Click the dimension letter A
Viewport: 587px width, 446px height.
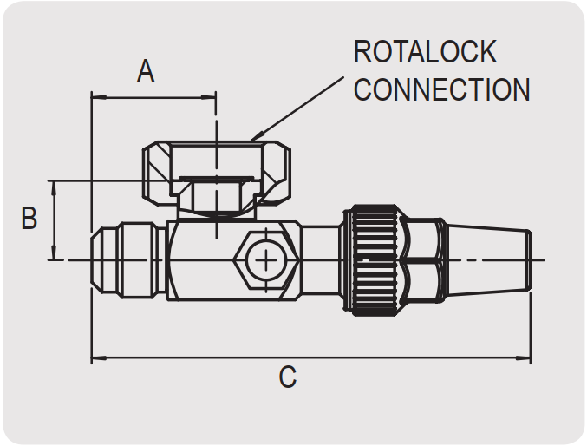tap(146, 71)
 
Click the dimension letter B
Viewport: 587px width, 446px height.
tap(29, 218)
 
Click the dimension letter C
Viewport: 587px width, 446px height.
tap(288, 377)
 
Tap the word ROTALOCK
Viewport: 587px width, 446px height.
tap(425, 52)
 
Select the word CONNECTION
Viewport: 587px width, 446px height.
tap(442, 89)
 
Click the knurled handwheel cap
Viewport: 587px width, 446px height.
tap(374, 260)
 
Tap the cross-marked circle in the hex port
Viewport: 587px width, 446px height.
tap(266, 260)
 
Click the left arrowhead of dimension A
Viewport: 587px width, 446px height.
tap(99, 97)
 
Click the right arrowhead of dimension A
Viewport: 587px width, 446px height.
tap(208, 97)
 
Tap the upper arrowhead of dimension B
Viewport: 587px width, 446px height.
tap(55, 188)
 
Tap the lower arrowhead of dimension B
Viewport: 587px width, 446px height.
tap(55, 252)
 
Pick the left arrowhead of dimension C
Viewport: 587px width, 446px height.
tap(99, 358)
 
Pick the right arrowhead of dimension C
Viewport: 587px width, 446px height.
tap(523, 358)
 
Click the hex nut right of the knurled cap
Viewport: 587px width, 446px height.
tap(422, 260)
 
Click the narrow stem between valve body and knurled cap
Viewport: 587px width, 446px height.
tap(321, 260)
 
